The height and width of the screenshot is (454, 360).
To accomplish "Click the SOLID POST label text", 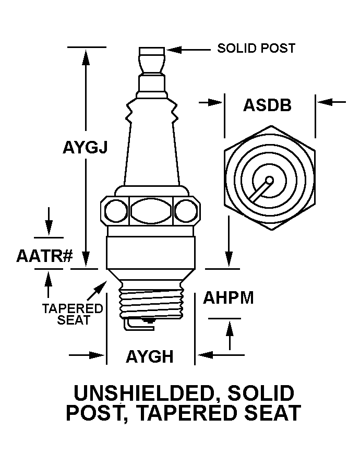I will point(256,49).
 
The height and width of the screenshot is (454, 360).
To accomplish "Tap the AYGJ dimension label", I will point(85,148).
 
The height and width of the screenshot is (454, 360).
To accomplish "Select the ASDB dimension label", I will point(267,105).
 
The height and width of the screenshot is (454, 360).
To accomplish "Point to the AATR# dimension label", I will point(44,256).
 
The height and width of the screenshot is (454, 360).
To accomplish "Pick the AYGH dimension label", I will point(150,357).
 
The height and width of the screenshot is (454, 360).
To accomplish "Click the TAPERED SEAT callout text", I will point(73,314).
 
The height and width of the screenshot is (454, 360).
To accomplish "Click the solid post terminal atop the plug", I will point(152,60).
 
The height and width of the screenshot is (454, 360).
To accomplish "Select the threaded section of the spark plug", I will point(151,301).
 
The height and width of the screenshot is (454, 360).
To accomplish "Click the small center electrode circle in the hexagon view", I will point(269,181).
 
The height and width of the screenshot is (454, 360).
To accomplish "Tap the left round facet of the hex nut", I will point(116,211).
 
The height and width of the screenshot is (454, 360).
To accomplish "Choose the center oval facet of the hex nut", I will point(151,211).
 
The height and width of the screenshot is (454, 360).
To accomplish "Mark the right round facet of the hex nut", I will point(185,211).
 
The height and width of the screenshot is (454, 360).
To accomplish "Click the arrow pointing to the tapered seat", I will point(100,286).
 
